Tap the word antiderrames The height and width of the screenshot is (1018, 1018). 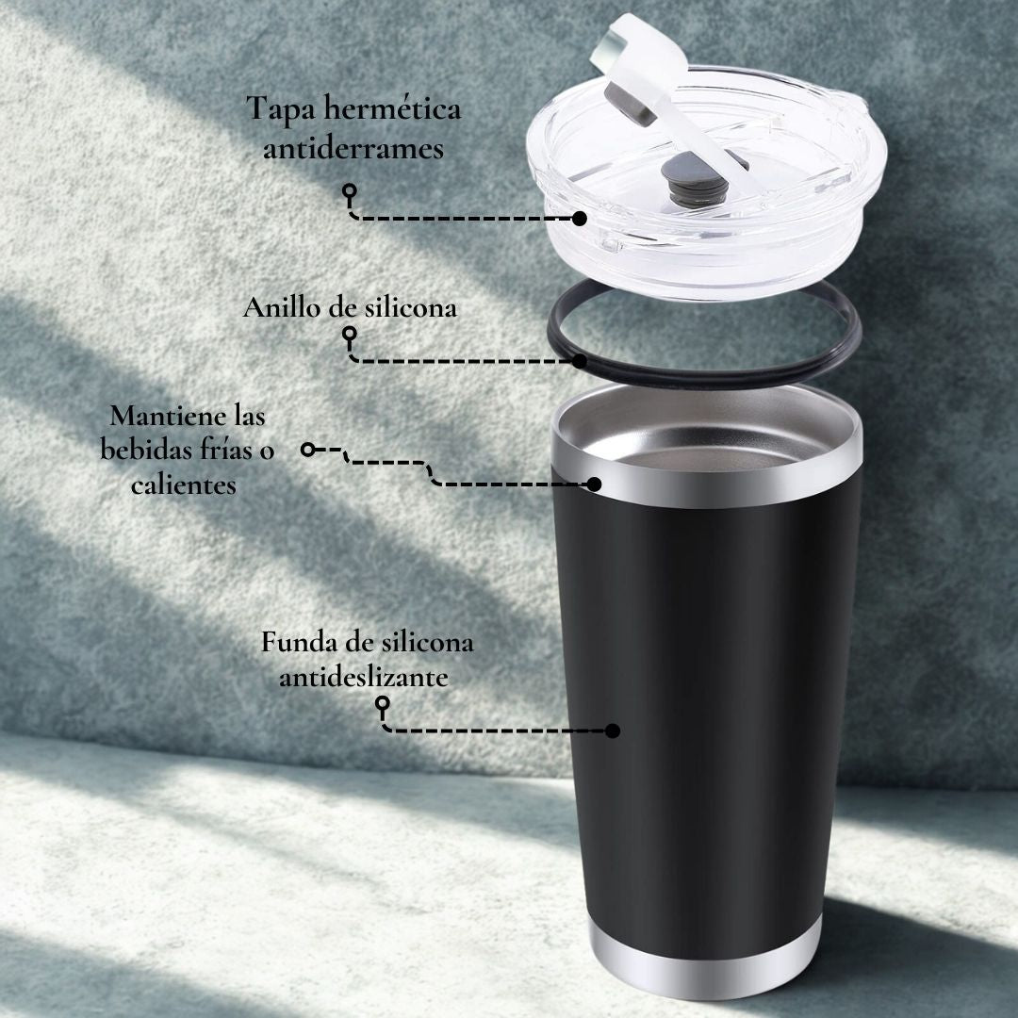point(353,149)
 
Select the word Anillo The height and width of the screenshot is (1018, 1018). point(282,307)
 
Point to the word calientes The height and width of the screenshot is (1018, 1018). point(184,484)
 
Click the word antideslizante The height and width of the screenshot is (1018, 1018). point(364,677)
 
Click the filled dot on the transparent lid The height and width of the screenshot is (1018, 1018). point(579,219)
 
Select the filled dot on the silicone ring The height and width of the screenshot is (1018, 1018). point(579,361)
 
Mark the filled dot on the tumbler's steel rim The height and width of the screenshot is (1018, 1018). point(594,484)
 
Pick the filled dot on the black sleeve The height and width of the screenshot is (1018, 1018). point(612,731)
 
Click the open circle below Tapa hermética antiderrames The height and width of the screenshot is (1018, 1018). point(350,190)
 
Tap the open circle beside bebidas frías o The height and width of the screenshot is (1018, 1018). point(307,450)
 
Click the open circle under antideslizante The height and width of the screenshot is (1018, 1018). point(383,703)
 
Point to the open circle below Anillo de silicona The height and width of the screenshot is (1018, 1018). point(350,334)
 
